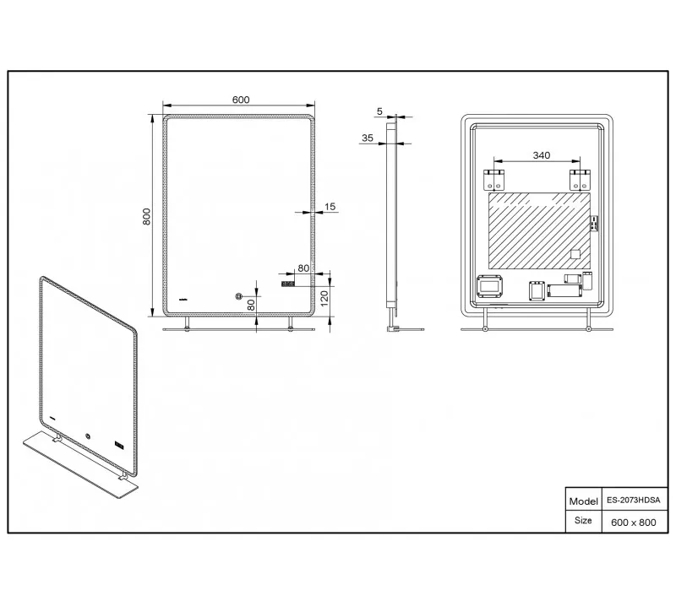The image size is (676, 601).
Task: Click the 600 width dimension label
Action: pos(241,100)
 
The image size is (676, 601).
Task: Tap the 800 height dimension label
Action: pos(146,216)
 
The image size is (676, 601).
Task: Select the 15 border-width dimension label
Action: pos(330,207)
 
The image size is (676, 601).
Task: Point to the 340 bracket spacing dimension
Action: pos(541,155)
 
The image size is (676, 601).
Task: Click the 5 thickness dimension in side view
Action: pos(379,111)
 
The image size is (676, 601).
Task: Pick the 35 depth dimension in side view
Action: pos(368,138)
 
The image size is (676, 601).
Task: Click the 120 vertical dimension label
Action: pos(324,298)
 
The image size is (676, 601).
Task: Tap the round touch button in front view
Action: pos(238,296)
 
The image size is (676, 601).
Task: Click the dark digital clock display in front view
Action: pos(288,284)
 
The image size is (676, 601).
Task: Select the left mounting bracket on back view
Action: pos(494,180)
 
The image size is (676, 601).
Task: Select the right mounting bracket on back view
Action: pos(580,180)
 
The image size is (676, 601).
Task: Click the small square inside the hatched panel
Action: pos(575,254)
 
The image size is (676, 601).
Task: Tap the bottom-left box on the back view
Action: pos(490,286)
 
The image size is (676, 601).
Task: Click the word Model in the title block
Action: pos(583,501)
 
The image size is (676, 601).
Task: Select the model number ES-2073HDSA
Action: pos(633,501)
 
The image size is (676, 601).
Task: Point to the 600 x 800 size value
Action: pos(633,522)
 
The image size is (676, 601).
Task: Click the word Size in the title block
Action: pos(583,521)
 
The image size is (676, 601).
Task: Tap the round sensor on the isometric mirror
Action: pos(89,436)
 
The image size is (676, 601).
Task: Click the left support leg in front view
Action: pos(187,324)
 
